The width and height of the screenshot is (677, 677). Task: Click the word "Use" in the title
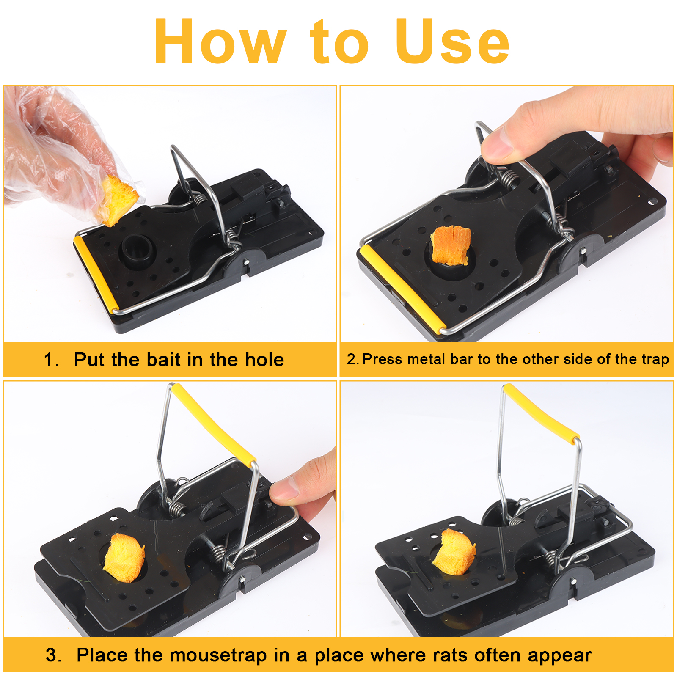(x=452, y=41)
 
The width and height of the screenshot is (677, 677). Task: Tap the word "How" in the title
(x=220, y=41)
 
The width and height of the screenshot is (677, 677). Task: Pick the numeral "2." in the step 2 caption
(x=353, y=359)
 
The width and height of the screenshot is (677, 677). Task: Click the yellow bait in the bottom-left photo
(x=124, y=557)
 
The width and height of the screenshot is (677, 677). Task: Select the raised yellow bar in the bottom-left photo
(x=213, y=423)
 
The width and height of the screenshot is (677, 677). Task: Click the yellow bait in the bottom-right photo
(x=454, y=552)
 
